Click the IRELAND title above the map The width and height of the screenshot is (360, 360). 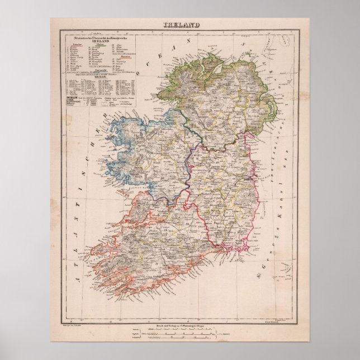click(180, 24)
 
